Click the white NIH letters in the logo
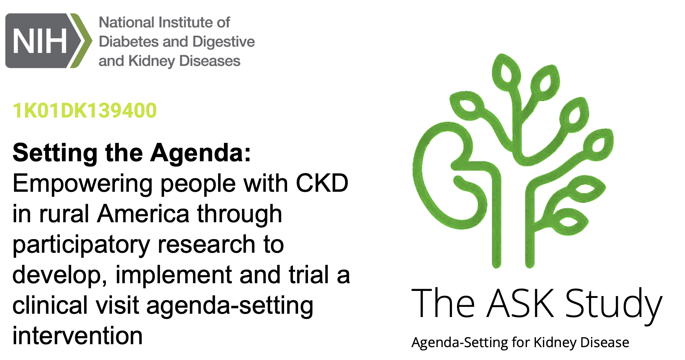click(x=40, y=41)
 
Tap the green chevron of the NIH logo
click(x=81, y=41)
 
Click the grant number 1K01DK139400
click(x=85, y=111)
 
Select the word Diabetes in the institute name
click(x=127, y=42)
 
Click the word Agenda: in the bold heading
click(x=201, y=153)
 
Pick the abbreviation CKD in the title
click(x=322, y=183)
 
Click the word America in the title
click(x=144, y=214)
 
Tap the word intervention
click(x=78, y=336)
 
